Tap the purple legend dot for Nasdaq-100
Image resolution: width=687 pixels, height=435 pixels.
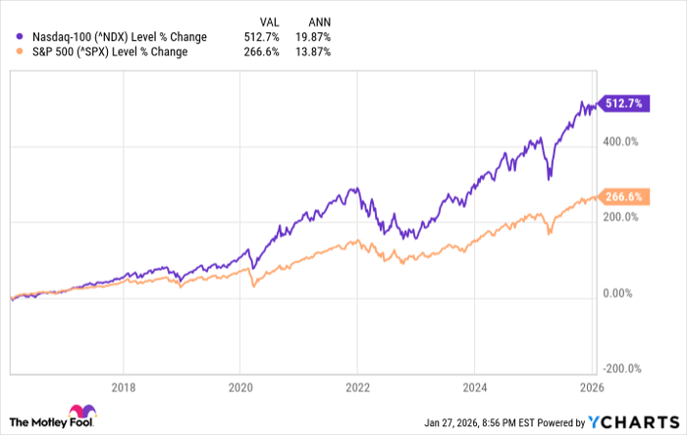point(10,37)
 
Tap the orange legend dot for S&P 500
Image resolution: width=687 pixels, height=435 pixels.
point(10,53)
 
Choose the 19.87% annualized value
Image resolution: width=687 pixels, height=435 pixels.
point(313,37)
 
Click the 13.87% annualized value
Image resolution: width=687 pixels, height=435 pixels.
point(313,53)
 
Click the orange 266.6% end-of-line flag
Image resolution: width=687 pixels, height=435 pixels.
point(622,196)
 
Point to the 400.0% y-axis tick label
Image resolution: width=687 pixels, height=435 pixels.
point(622,141)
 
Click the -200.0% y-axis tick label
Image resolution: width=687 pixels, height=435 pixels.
point(622,369)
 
